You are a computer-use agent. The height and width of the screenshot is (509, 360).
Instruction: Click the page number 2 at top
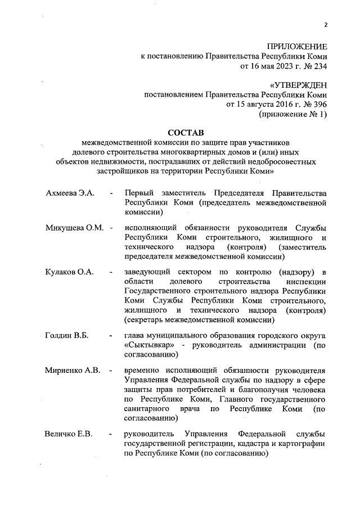(326, 25)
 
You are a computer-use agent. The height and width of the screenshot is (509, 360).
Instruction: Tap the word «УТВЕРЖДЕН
(298, 85)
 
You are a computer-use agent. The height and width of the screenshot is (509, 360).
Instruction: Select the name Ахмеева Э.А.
(70, 193)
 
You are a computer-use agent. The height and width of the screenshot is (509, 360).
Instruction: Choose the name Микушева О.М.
(75, 228)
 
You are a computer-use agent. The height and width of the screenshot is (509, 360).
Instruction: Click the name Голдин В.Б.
(66, 336)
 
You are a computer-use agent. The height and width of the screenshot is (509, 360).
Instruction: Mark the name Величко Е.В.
(69, 434)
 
